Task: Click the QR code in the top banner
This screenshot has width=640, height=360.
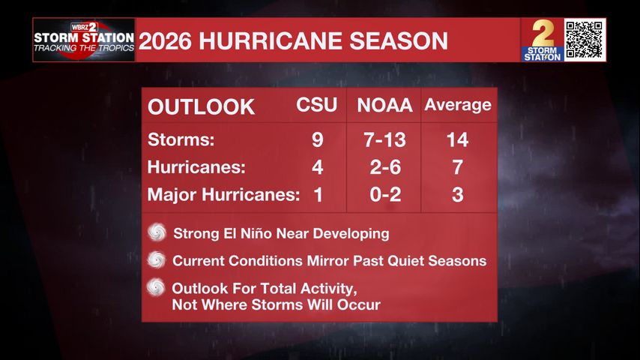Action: tap(585, 40)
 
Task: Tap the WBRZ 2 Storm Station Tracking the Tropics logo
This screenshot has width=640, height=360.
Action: tap(84, 40)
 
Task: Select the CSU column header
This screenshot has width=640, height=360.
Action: tap(317, 105)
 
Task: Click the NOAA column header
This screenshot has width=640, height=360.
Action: tap(384, 106)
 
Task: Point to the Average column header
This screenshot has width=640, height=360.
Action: tap(458, 105)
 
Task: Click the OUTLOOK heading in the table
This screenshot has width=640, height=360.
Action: tap(202, 107)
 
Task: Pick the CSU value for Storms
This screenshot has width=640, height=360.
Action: tap(318, 139)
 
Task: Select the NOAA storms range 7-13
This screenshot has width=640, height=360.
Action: tap(385, 139)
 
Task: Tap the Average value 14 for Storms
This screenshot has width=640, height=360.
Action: tap(458, 139)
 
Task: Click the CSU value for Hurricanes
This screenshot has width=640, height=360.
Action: tap(318, 167)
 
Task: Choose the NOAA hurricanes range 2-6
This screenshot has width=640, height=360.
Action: tap(385, 167)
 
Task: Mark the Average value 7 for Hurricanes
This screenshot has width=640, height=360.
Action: tap(458, 167)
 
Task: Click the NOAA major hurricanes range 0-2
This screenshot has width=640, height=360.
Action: tap(385, 194)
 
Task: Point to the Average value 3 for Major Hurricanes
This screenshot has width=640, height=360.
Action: tap(458, 194)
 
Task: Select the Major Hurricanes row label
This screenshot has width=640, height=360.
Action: tap(223, 195)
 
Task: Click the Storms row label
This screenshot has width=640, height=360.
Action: tap(181, 139)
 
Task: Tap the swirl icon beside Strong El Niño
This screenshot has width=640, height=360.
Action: tap(157, 232)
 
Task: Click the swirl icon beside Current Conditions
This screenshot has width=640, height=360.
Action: tap(157, 259)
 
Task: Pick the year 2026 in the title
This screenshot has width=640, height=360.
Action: tap(165, 40)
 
